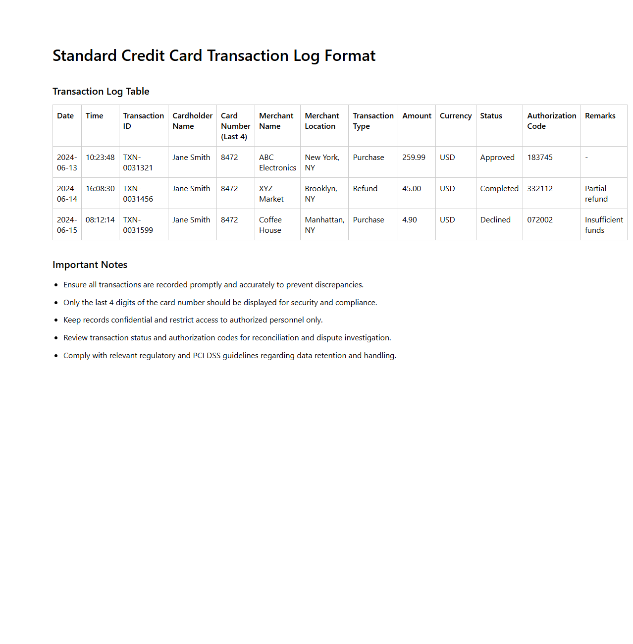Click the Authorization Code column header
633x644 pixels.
[551, 121]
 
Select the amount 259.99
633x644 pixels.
[414, 158]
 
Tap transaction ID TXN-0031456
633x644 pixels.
[138, 194]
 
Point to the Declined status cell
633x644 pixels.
[495, 220]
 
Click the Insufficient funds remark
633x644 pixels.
[604, 225]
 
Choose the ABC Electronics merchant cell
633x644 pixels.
[277, 162]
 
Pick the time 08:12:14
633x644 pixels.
[100, 220]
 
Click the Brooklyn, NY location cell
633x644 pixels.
[321, 194]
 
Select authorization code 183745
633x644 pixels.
[540, 158]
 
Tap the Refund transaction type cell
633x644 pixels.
[365, 189]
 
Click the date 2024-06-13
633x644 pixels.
[67, 162]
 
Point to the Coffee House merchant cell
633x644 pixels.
[270, 225]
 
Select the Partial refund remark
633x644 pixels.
[596, 194]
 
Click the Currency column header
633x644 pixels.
[456, 116]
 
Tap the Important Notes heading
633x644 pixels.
[90, 265]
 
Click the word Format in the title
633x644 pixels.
[350, 55]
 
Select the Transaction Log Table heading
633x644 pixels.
[101, 91]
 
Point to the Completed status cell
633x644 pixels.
[499, 189]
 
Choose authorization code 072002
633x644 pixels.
[540, 220]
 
